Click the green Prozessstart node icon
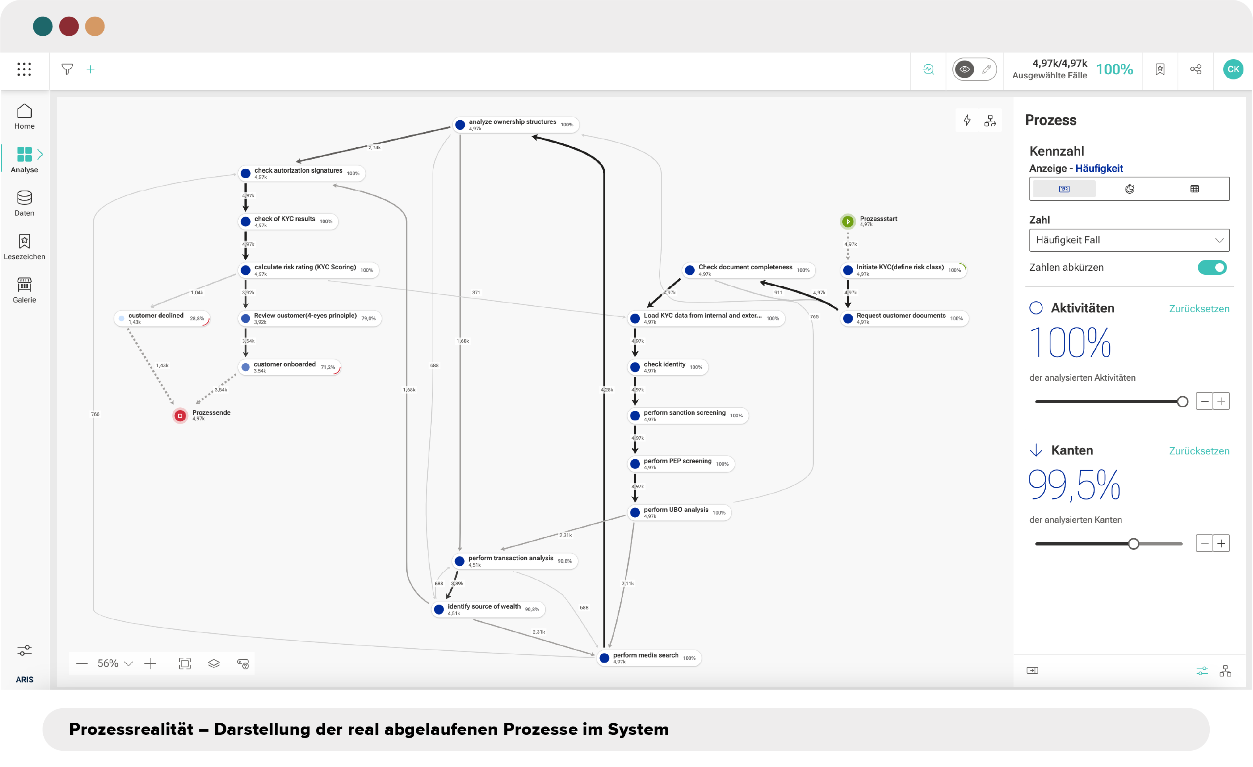pos(848,222)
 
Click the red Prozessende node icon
pos(180,416)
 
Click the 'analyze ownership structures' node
pos(515,125)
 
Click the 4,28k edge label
pos(607,390)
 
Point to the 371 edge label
pos(476,293)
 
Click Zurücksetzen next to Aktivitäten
pos(1199,309)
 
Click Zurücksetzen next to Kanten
pos(1199,451)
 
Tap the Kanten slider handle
pos(1133,544)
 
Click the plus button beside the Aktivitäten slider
pos(1221,401)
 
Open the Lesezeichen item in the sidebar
pos(24,247)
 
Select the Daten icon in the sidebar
pos(24,197)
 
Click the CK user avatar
pos(1233,69)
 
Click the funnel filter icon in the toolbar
pos(67,69)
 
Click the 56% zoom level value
pos(108,664)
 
